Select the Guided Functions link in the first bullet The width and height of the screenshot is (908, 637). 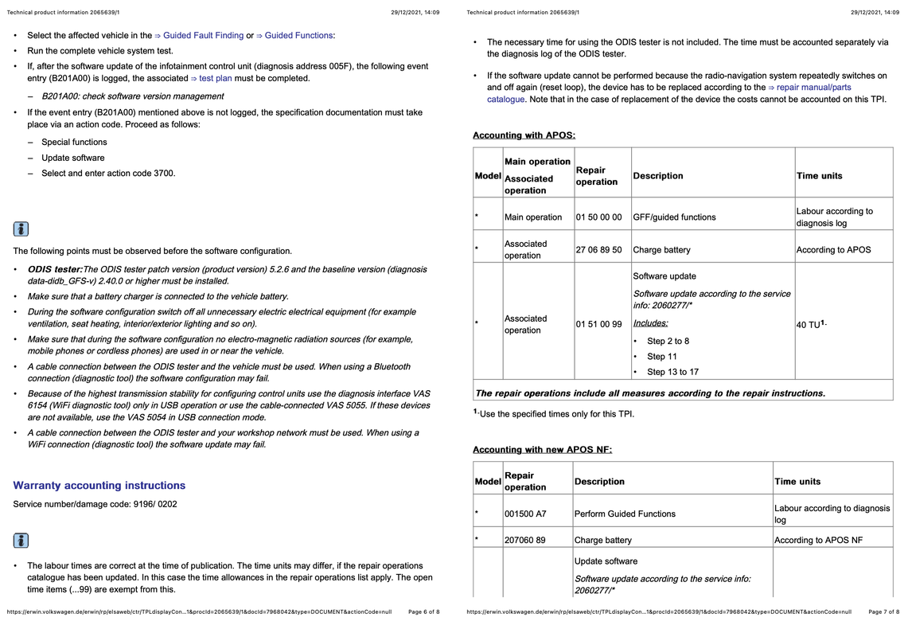point(295,36)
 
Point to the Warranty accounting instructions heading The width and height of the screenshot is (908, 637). point(99,486)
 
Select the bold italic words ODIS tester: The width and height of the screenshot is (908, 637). point(55,270)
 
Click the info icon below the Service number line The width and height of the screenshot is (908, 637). point(21,541)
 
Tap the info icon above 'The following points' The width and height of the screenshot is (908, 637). point(21,229)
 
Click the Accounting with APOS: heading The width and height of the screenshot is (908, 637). point(524,135)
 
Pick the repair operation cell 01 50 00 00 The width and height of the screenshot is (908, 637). point(598,217)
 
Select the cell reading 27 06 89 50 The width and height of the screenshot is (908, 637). point(598,250)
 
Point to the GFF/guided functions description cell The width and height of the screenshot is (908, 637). point(674,217)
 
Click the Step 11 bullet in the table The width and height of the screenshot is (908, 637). point(661,357)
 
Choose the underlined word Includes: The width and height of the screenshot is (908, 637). point(650,323)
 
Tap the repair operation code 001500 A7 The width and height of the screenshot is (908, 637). point(525,514)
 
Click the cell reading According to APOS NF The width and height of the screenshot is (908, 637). point(818,541)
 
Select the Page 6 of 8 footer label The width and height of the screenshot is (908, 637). point(423,612)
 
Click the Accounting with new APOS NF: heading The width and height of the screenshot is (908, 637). point(542,450)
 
